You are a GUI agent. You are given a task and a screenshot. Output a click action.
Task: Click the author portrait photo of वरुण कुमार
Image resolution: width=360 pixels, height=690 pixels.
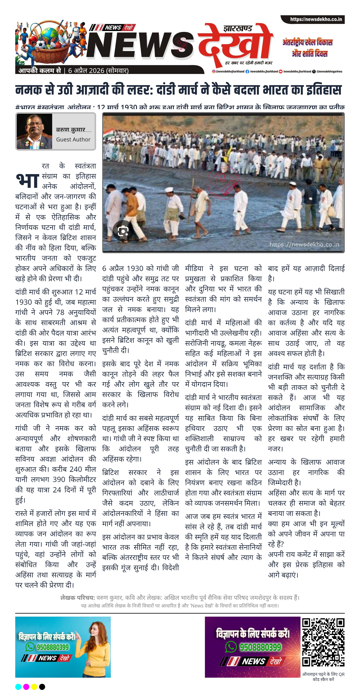coord(34,131)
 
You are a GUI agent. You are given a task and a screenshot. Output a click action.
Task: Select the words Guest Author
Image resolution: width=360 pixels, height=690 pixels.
coord(73,140)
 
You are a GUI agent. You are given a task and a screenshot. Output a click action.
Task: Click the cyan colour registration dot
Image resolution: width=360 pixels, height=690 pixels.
coord(18,686)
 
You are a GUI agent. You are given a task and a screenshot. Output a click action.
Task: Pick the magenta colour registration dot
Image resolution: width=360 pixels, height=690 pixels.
coord(26,686)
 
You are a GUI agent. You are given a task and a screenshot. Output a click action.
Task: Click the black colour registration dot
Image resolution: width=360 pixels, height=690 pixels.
coord(42,686)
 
